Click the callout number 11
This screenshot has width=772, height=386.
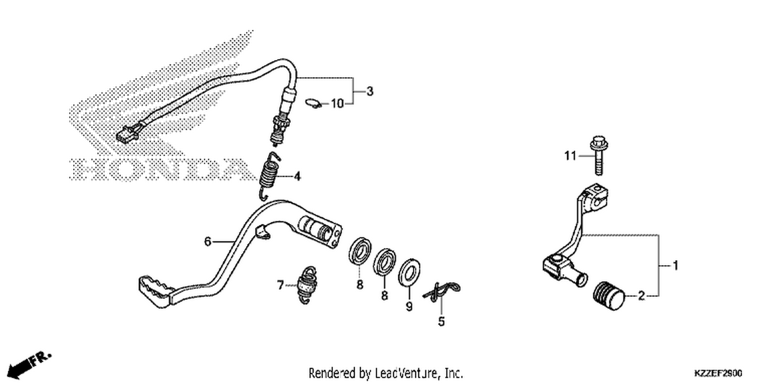coord(570,156)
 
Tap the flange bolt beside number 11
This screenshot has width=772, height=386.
coord(599,155)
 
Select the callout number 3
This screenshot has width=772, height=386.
coord(370,91)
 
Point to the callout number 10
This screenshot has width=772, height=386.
coord(338,103)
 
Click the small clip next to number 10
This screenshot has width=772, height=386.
coord(313,103)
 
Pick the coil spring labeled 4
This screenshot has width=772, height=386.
coord(270,176)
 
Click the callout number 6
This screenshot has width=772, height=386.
coord(207,241)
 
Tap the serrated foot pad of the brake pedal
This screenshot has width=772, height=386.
coord(154,291)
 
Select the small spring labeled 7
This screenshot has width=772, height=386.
coord(307,285)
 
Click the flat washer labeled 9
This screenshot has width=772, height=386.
coord(409,272)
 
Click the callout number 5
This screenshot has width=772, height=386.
coord(442,322)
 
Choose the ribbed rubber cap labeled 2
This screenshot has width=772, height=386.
coord(609,296)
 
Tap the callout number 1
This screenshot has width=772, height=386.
coord(675,266)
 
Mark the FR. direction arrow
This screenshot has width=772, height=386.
coord(29,365)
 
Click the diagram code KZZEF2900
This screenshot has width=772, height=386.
coord(718,373)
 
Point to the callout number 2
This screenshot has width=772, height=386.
coord(641,296)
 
